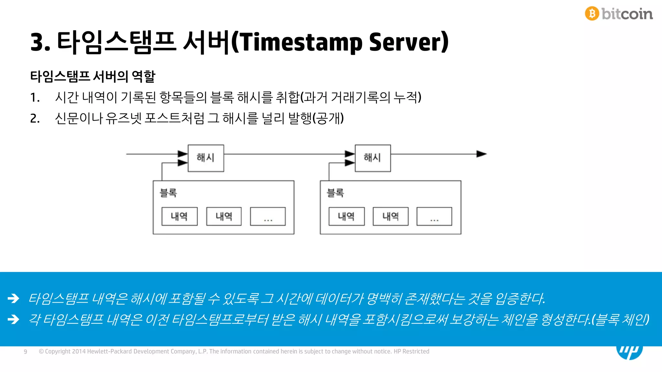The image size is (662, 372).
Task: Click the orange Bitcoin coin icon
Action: click(x=592, y=14)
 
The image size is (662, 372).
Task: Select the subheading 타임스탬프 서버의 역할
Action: click(x=93, y=77)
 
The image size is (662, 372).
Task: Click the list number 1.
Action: click(x=35, y=98)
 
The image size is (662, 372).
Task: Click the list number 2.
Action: click(x=35, y=119)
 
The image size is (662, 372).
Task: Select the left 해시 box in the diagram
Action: click(x=206, y=158)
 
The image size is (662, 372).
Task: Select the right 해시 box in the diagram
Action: click(x=373, y=158)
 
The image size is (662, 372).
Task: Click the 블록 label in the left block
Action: click(x=168, y=193)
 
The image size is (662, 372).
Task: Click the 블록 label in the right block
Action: click(x=335, y=193)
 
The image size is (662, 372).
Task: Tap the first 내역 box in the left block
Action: click(x=179, y=216)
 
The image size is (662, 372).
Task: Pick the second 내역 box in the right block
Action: click(x=390, y=216)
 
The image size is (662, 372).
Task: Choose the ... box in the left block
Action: click(x=268, y=216)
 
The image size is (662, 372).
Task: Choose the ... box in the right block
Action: click(x=434, y=216)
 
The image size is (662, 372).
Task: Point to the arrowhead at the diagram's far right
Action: click(x=481, y=154)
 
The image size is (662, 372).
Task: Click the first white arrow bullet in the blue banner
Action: click(x=14, y=298)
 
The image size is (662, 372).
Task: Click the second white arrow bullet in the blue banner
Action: click(x=14, y=319)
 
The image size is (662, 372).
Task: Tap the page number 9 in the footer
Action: click(x=26, y=352)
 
